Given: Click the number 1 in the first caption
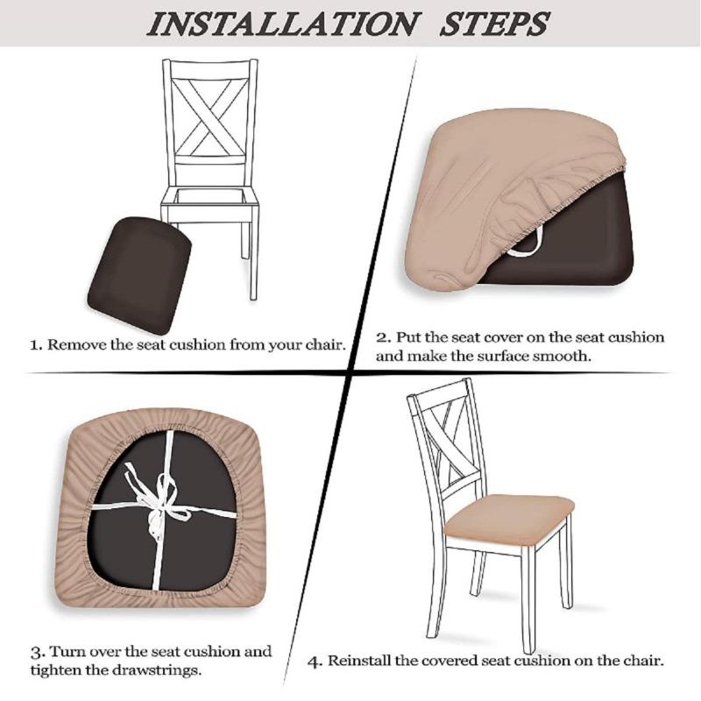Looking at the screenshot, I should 35,344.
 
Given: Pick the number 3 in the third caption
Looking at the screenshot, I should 36,653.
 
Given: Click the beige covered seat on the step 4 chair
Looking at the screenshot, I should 508,517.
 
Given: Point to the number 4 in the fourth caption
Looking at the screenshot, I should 315,661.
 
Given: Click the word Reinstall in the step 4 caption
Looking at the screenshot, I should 359,661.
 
